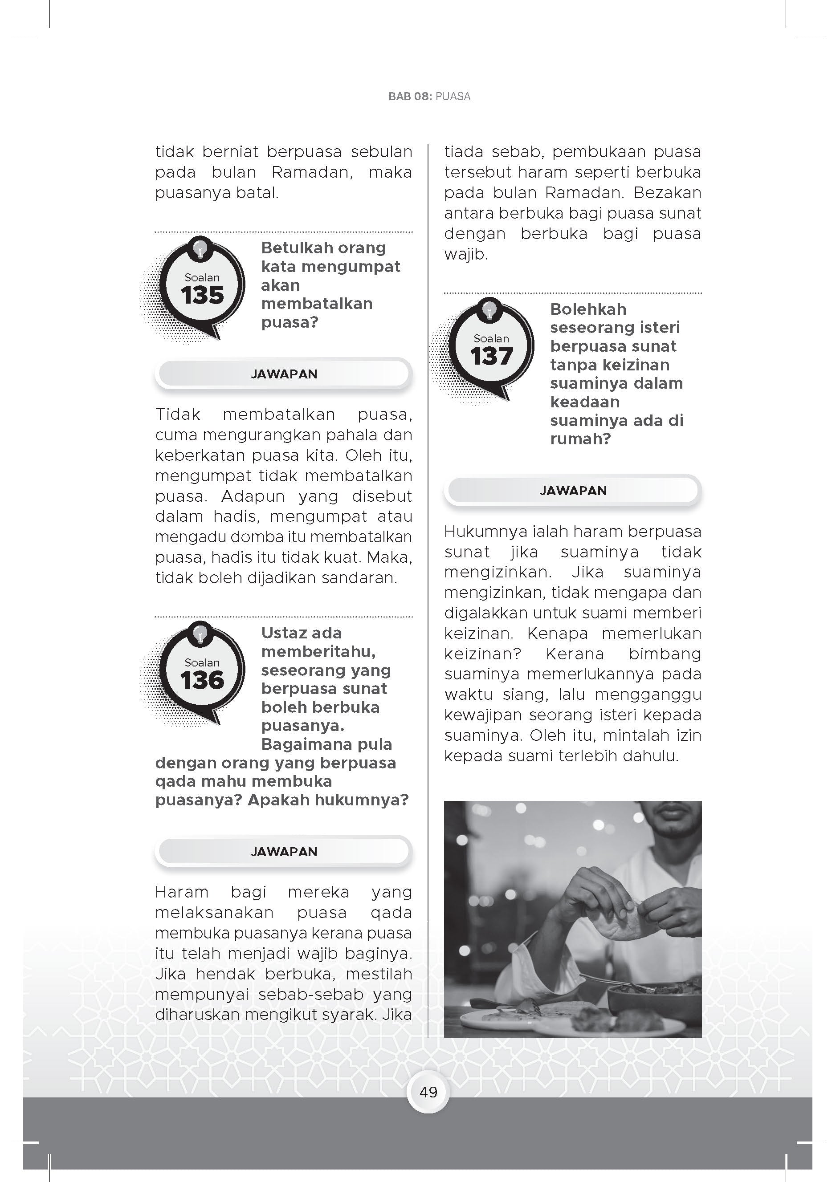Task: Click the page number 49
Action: (428, 1092)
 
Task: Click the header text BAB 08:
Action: (409, 96)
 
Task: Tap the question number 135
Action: (202, 295)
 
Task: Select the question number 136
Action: (202, 680)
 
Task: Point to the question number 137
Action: (491, 356)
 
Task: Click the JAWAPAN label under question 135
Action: (283, 374)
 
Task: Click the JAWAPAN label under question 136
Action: (283, 852)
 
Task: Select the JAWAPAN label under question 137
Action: (573, 491)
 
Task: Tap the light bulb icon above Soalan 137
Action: (490, 310)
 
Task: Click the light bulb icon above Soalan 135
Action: (200, 249)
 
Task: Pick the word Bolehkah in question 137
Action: (588, 309)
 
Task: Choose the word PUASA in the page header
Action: (453, 96)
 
